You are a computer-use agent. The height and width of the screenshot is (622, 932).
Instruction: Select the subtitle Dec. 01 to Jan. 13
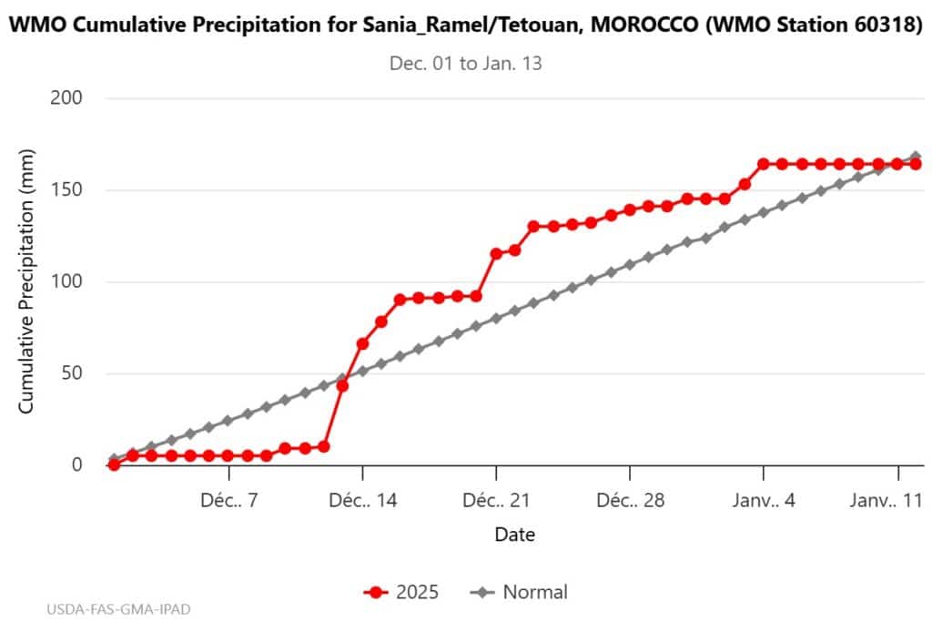pyautogui.click(x=466, y=64)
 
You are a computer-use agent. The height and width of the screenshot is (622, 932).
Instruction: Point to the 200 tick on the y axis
pyautogui.click(x=67, y=98)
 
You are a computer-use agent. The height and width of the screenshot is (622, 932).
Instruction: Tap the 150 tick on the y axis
pyautogui.click(x=67, y=190)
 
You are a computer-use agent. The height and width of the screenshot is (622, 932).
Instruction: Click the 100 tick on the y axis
pyautogui.click(x=67, y=281)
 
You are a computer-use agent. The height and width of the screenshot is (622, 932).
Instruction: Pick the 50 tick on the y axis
pyautogui.click(x=72, y=373)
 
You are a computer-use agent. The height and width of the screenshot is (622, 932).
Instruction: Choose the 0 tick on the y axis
pyautogui.click(x=76, y=465)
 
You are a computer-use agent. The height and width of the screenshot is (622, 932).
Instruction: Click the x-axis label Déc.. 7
pyautogui.click(x=228, y=501)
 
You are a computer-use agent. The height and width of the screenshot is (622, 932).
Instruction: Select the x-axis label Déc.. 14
pyautogui.click(x=362, y=501)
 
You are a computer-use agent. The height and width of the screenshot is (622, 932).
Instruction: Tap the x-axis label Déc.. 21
pyautogui.click(x=496, y=501)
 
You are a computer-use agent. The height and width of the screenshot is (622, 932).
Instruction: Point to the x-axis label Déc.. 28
pyautogui.click(x=630, y=501)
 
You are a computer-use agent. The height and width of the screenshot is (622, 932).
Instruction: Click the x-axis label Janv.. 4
pyautogui.click(x=764, y=501)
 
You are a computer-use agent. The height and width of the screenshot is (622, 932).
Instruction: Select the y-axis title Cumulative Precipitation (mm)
pyautogui.click(x=27, y=281)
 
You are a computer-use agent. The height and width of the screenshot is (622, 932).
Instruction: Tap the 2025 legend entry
pyautogui.click(x=401, y=593)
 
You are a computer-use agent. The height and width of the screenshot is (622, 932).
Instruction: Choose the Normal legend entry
pyautogui.click(x=520, y=593)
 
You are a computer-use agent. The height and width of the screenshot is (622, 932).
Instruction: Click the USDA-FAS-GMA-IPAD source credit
pyautogui.click(x=118, y=607)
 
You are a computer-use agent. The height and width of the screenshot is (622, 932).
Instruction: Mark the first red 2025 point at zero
pyautogui.click(x=114, y=464)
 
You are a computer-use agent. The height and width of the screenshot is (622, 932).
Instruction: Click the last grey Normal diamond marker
pyautogui.click(x=916, y=158)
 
